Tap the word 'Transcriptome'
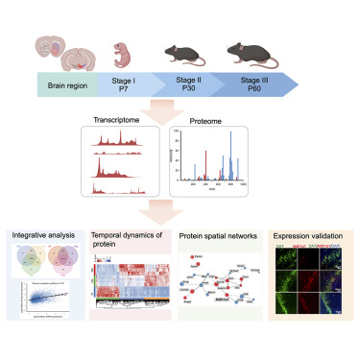tap(119, 123)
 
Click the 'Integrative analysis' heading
tap(43, 233)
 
